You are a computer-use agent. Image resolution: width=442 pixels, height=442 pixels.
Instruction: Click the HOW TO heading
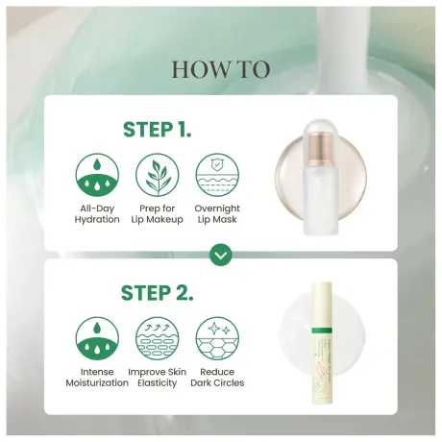tap(221, 69)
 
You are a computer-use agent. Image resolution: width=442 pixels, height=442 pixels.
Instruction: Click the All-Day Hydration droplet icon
tap(97, 175)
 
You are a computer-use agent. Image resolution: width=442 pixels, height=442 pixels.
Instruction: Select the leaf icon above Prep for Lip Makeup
tap(158, 175)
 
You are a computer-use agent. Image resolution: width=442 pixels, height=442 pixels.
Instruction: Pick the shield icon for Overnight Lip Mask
tap(217, 175)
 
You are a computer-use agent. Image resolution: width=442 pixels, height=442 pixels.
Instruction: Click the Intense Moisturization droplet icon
tap(97, 338)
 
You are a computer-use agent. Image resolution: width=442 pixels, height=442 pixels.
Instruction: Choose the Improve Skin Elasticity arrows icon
tap(158, 338)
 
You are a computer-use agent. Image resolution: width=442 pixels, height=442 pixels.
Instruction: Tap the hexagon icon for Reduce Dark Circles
tap(217, 338)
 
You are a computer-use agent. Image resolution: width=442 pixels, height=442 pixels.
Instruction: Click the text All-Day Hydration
tap(97, 213)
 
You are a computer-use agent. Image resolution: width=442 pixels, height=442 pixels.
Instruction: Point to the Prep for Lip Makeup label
tap(158, 213)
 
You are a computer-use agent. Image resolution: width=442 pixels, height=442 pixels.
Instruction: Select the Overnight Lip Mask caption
tap(217, 213)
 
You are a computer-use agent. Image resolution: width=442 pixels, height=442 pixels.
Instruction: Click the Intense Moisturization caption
tap(97, 376)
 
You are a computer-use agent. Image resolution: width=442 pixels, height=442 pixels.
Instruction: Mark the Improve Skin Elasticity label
tap(158, 376)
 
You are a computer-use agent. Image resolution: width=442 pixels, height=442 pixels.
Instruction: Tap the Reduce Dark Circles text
tap(217, 376)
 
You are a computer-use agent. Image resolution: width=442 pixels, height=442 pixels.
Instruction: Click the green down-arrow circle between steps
tap(221, 255)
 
